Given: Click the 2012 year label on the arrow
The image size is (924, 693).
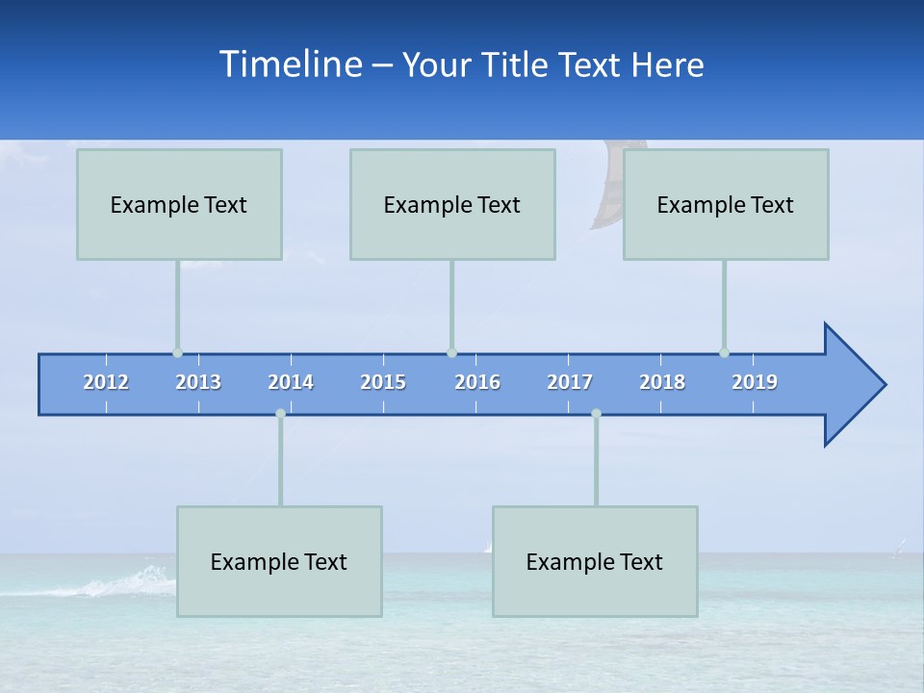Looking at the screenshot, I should point(106,382).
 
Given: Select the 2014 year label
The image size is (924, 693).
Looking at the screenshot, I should point(291,382).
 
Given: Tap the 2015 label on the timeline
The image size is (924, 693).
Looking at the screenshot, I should point(383,382).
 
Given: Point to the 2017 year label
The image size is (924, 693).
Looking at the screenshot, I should point(570,382).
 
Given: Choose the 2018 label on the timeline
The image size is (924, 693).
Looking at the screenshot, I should point(662,382).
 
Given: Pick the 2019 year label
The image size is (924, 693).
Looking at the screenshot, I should point(755,382).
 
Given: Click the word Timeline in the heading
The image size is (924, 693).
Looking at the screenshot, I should point(290,64).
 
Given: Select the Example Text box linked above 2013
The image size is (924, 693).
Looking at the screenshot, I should point(179,204).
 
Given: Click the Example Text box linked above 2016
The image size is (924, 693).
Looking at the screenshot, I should point(452,204).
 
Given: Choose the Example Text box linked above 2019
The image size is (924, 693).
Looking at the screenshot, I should point(726,204).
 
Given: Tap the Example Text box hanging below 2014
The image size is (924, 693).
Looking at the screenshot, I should point(279,561).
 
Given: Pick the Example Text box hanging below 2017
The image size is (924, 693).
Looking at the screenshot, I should point(595,561).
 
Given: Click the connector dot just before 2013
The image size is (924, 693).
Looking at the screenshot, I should point(177,353).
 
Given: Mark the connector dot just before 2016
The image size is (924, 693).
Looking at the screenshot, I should point(451,353).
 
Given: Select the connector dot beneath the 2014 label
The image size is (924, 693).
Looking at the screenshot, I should point(280,413).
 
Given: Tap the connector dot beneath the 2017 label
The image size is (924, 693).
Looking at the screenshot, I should point(596,413).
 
